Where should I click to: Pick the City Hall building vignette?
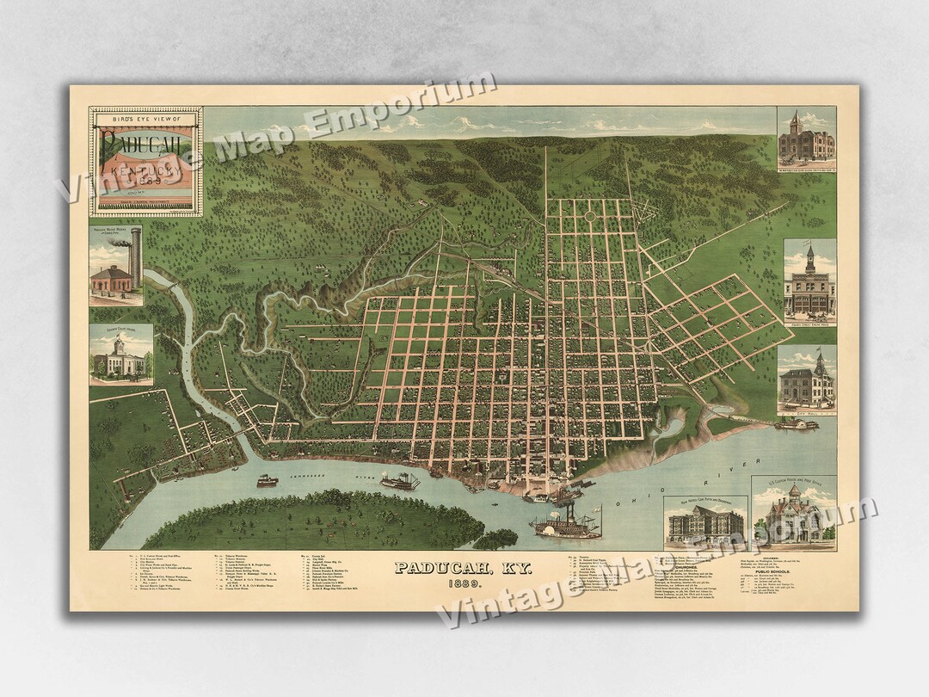point(806,378)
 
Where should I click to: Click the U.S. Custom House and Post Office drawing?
point(793,515)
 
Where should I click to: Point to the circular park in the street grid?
point(591,215)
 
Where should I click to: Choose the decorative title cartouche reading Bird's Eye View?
point(145,160)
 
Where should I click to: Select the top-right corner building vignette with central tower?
point(806,137)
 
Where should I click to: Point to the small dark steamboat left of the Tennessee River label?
point(268,481)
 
